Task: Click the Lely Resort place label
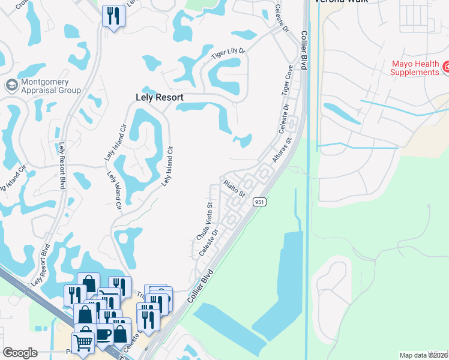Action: coord(158,97)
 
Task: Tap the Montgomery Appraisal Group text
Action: coord(50,86)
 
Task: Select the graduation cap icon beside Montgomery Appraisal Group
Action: coord(10,85)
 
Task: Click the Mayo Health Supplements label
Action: coord(415,68)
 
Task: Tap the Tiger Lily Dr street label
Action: coord(229,54)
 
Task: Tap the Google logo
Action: coord(20,353)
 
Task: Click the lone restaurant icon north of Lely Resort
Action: coord(113,16)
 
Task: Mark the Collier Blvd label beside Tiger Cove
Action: coord(304,50)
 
